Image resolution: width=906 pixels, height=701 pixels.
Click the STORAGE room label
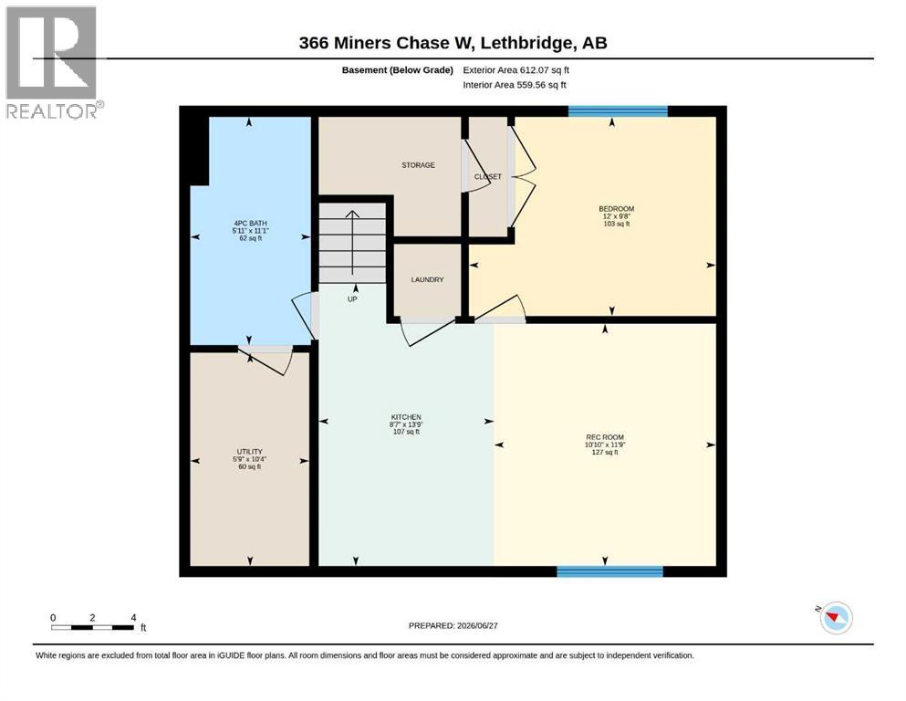tap(419, 165)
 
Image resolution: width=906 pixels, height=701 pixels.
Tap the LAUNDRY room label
tap(428, 279)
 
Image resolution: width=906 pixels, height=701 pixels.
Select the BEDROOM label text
tap(617, 209)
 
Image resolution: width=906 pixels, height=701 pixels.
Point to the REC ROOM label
tap(605, 437)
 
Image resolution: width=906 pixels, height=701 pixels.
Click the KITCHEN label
tap(406, 417)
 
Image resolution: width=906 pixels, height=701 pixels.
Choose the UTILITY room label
tap(250, 452)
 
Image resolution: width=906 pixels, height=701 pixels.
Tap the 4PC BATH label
tap(251, 223)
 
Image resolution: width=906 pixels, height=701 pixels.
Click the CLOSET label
tap(488, 177)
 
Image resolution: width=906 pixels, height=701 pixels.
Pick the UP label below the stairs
tap(352, 299)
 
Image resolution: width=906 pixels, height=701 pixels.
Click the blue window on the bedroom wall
tap(619, 111)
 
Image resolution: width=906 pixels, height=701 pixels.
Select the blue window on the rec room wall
tap(610, 571)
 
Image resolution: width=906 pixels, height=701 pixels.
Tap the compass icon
tap(836, 618)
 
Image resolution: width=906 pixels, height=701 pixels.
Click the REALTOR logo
tap(54, 62)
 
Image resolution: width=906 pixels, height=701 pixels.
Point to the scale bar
tap(92, 627)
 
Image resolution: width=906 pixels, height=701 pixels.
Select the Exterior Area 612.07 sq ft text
tap(516, 70)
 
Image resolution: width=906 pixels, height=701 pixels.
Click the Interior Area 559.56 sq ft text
tap(515, 85)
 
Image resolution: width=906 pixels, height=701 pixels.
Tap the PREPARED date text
tap(453, 625)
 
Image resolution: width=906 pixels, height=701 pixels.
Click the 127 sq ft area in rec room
tap(605, 453)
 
